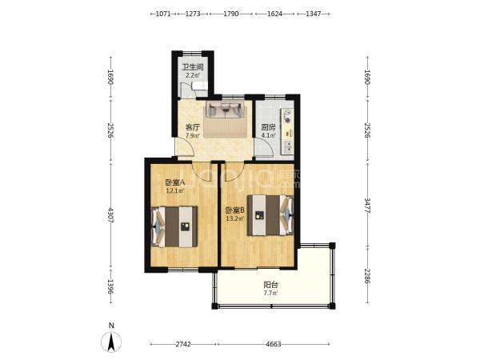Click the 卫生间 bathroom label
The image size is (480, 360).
point(193,66)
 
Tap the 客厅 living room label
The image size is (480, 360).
point(193,127)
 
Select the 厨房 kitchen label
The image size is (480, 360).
point(268,127)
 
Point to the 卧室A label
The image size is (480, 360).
point(174,182)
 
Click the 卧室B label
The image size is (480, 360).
point(234,210)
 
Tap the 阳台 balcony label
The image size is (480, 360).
point(271,285)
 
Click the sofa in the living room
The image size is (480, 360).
point(226,110)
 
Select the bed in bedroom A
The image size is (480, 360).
point(174,226)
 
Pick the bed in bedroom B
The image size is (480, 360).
point(270,215)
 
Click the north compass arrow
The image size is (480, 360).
point(111,342)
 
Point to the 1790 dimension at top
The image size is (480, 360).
point(231,14)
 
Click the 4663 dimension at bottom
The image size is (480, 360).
point(274,344)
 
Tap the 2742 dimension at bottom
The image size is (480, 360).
point(183,344)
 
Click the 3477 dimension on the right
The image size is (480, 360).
point(367,206)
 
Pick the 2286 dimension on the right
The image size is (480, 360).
point(367,276)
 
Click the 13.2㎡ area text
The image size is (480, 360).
point(234,218)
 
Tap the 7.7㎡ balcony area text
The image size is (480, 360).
point(271,293)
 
